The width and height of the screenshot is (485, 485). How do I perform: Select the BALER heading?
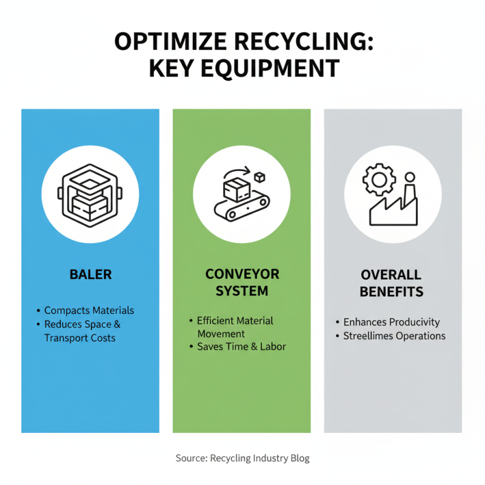click(x=90, y=274)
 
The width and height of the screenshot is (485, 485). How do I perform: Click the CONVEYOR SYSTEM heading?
click(x=242, y=282)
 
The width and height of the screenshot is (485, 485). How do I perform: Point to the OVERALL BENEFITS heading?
click(x=391, y=283)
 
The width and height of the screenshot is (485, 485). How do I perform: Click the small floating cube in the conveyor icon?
click(x=261, y=177)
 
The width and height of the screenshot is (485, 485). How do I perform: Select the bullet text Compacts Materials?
click(x=89, y=310)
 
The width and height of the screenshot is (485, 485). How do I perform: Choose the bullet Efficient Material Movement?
click(x=235, y=327)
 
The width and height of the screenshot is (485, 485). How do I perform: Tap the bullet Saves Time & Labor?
click(x=241, y=347)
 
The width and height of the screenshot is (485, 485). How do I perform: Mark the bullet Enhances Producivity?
click(x=392, y=322)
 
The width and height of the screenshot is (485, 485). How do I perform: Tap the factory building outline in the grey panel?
click(x=394, y=209)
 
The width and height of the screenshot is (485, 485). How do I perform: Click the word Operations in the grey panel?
click(x=423, y=336)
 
